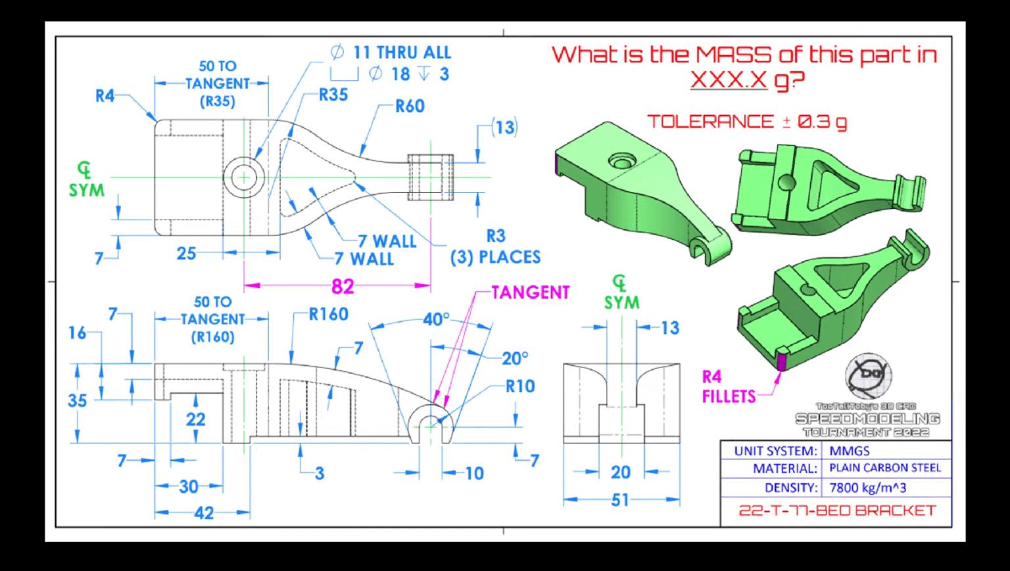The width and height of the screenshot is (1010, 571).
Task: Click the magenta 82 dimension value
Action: pos(343,286)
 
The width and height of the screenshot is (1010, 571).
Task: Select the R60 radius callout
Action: pos(409,106)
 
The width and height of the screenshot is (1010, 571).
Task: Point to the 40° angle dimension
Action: pos(435,320)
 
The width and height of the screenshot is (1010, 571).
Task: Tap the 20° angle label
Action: pos(515,358)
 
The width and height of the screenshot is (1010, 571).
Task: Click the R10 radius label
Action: pos(519,386)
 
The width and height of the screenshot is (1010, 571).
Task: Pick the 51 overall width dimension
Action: pos(620,500)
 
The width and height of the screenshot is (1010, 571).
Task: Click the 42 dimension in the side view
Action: pos(204,513)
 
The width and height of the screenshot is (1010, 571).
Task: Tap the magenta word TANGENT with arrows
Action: pos(530,292)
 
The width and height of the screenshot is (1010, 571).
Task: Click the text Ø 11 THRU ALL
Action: pos(391,53)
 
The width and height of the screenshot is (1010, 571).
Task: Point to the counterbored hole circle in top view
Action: pos(244,177)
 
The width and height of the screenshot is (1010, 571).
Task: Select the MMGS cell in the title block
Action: pos(849,451)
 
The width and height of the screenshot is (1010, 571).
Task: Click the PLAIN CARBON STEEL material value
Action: pos(884,468)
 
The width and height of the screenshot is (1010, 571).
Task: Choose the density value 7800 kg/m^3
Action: pos(867,488)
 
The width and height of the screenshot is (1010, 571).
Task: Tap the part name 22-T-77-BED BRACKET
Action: pos(836,511)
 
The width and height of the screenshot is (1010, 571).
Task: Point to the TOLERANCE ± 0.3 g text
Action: pos(746,122)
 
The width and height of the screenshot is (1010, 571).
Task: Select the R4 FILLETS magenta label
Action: pos(729,386)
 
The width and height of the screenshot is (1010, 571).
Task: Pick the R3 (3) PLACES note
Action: pos(495,246)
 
